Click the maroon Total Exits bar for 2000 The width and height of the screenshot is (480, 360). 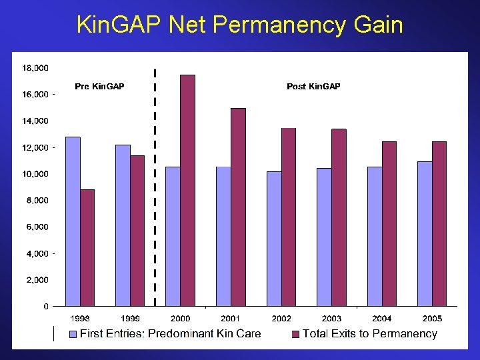pos(187,191)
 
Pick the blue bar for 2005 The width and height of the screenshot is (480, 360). pos(425,234)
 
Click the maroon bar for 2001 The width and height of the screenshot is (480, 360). pos(238,207)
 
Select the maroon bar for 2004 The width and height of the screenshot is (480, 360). pos(389,224)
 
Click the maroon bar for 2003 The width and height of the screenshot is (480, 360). pos(339,217)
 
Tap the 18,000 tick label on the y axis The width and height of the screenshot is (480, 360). pos(35,68)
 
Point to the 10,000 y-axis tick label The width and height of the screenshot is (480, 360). pos(35,174)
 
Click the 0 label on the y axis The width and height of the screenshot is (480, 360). pos(45,307)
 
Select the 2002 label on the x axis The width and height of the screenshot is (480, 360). pos(281,319)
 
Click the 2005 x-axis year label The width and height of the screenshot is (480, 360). pos(432,319)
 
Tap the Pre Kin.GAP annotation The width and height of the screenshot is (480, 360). pos(99,87)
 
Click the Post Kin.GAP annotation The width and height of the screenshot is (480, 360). pos(313,87)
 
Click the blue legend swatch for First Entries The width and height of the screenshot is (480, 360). pos(74,334)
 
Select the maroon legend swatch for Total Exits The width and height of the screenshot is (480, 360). pos(296,334)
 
